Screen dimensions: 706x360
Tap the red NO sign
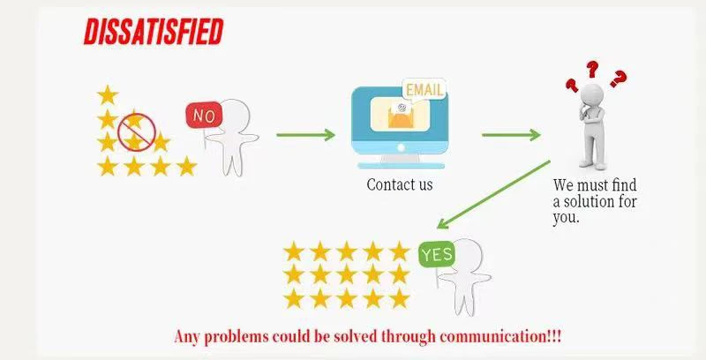click(x=203, y=115)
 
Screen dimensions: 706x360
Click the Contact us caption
click(x=400, y=185)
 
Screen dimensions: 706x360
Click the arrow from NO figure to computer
click(x=305, y=134)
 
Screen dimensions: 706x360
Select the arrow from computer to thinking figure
click(x=511, y=135)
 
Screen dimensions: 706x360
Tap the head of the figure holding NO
click(x=235, y=114)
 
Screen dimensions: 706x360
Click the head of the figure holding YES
click(x=469, y=257)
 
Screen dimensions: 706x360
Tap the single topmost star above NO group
click(x=108, y=94)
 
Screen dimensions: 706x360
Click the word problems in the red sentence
click(x=239, y=336)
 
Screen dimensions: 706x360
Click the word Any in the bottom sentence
click(x=188, y=336)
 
